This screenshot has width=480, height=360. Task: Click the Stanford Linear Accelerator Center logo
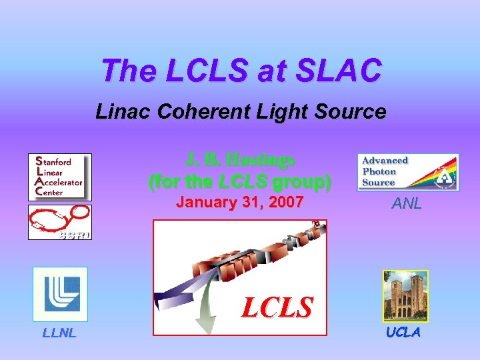click(59, 177)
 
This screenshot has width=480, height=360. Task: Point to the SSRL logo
click(59, 222)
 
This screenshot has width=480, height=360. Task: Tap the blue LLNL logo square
click(61, 294)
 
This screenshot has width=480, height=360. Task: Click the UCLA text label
click(403, 333)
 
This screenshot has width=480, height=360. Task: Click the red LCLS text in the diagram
click(277, 307)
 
